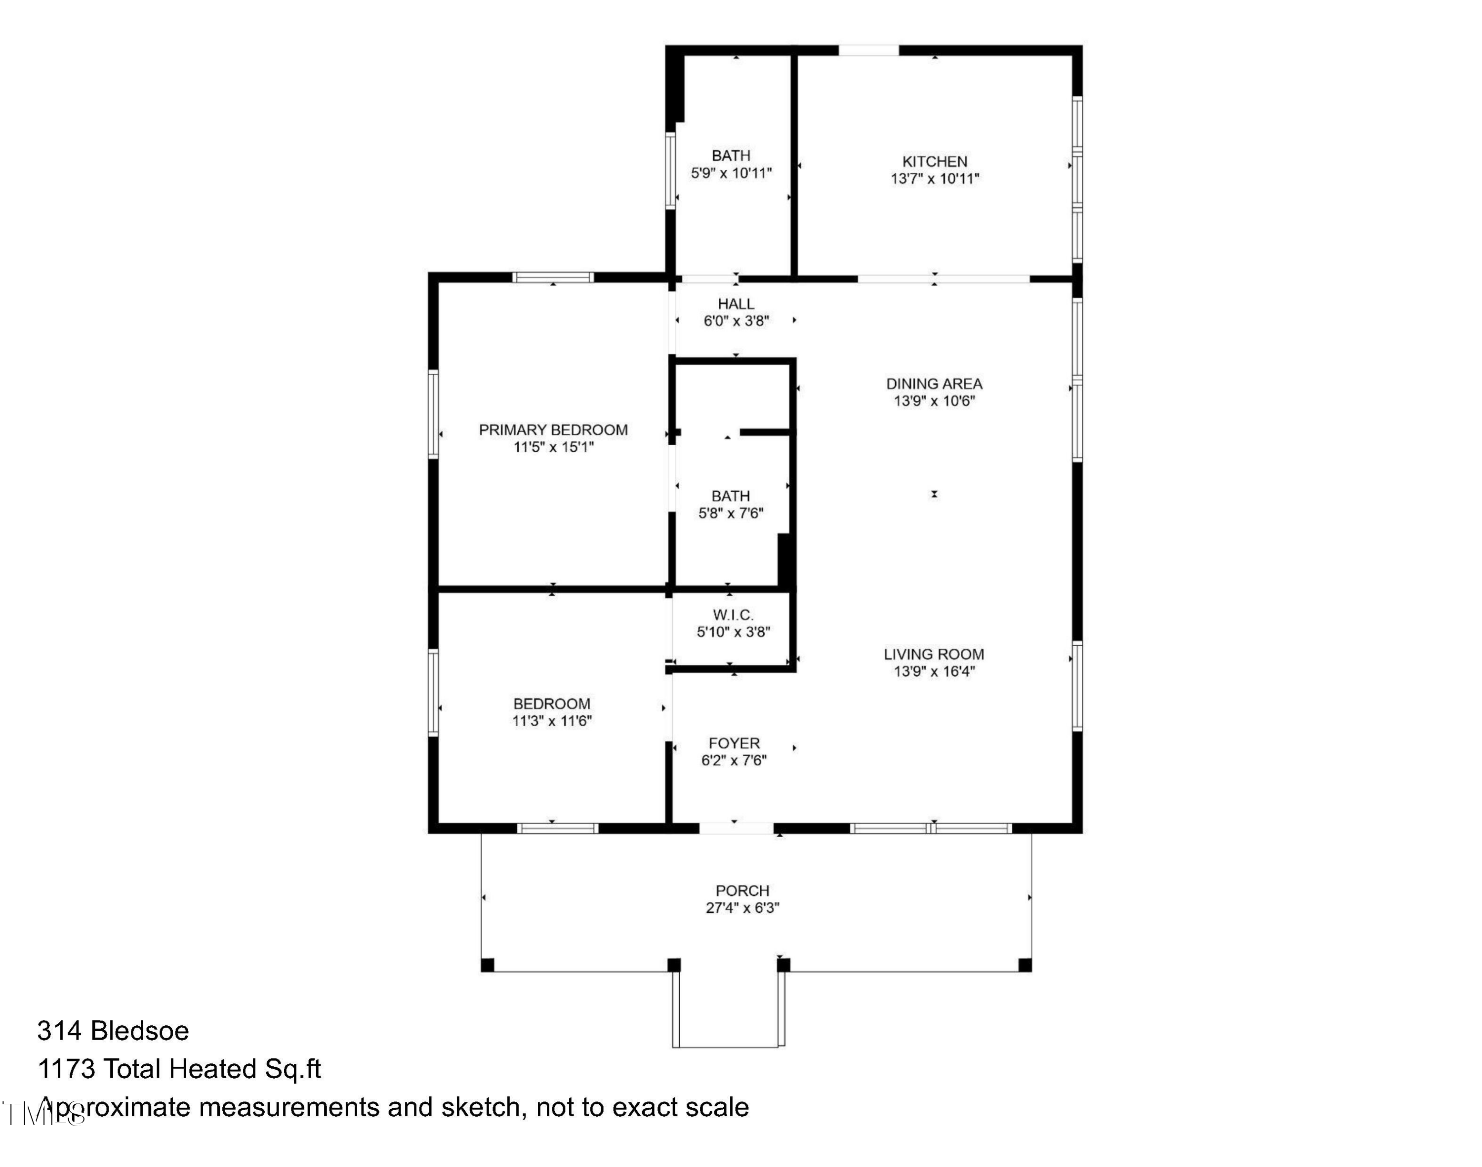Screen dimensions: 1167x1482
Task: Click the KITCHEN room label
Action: coord(935,162)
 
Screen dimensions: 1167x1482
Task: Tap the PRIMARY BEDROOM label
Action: coord(552,430)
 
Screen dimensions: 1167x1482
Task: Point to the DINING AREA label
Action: coord(934,384)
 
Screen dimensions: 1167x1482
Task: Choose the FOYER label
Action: coord(734,743)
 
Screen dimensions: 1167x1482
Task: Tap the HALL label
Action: coord(736,304)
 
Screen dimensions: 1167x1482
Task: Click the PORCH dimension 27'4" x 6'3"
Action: coord(742,908)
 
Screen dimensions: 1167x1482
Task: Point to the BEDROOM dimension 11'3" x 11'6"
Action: coord(552,721)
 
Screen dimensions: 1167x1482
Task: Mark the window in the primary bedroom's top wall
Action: coord(552,277)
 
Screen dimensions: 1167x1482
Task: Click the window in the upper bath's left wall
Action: coord(670,171)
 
